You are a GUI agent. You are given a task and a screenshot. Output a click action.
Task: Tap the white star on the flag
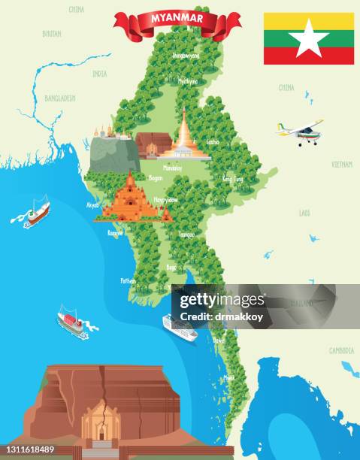(x=308, y=38)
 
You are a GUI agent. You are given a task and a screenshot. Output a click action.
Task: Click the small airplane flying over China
(x=302, y=132)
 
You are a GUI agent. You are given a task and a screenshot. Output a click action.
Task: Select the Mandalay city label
(x=173, y=169)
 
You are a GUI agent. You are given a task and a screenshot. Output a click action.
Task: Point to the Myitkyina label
(x=187, y=80)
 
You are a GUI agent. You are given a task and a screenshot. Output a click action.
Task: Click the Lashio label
(x=213, y=141)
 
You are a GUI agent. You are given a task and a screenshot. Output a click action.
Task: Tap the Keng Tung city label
(x=233, y=179)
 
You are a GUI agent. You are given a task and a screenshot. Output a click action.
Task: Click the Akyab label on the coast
(x=93, y=204)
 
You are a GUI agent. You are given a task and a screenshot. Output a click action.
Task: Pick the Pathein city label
(x=129, y=280)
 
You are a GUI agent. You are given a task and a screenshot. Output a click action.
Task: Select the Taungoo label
(x=186, y=235)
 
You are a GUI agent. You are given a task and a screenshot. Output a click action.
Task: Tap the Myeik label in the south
(x=229, y=377)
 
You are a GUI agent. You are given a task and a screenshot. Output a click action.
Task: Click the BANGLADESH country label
(x=60, y=98)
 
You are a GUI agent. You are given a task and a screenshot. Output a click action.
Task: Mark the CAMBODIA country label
(x=340, y=351)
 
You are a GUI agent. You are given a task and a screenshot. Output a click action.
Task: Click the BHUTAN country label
(x=52, y=33)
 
